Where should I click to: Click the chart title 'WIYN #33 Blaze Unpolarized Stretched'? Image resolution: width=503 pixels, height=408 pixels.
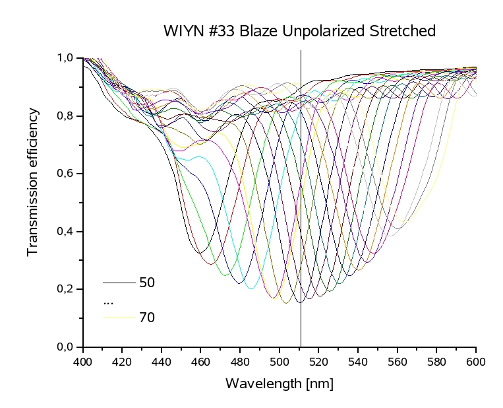point(299,31)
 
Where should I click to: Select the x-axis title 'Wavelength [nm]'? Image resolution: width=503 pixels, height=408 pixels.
point(280,384)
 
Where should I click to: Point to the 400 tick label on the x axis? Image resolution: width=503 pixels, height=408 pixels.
point(83,361)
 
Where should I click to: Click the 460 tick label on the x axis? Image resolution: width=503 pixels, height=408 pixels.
point(201,361)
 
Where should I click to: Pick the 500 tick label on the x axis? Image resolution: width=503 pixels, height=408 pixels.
point(280,361)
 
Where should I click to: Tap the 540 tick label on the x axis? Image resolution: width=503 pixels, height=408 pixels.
point(358,361)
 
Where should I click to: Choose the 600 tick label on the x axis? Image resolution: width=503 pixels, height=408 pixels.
point(475,361)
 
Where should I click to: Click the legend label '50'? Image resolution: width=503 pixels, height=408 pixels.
point(147,283)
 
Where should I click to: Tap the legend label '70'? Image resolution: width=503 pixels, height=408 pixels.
point(147,318)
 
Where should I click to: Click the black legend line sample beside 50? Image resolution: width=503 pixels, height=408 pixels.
point(119,283)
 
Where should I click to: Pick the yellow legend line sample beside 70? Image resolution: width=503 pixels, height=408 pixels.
point(119,318)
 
